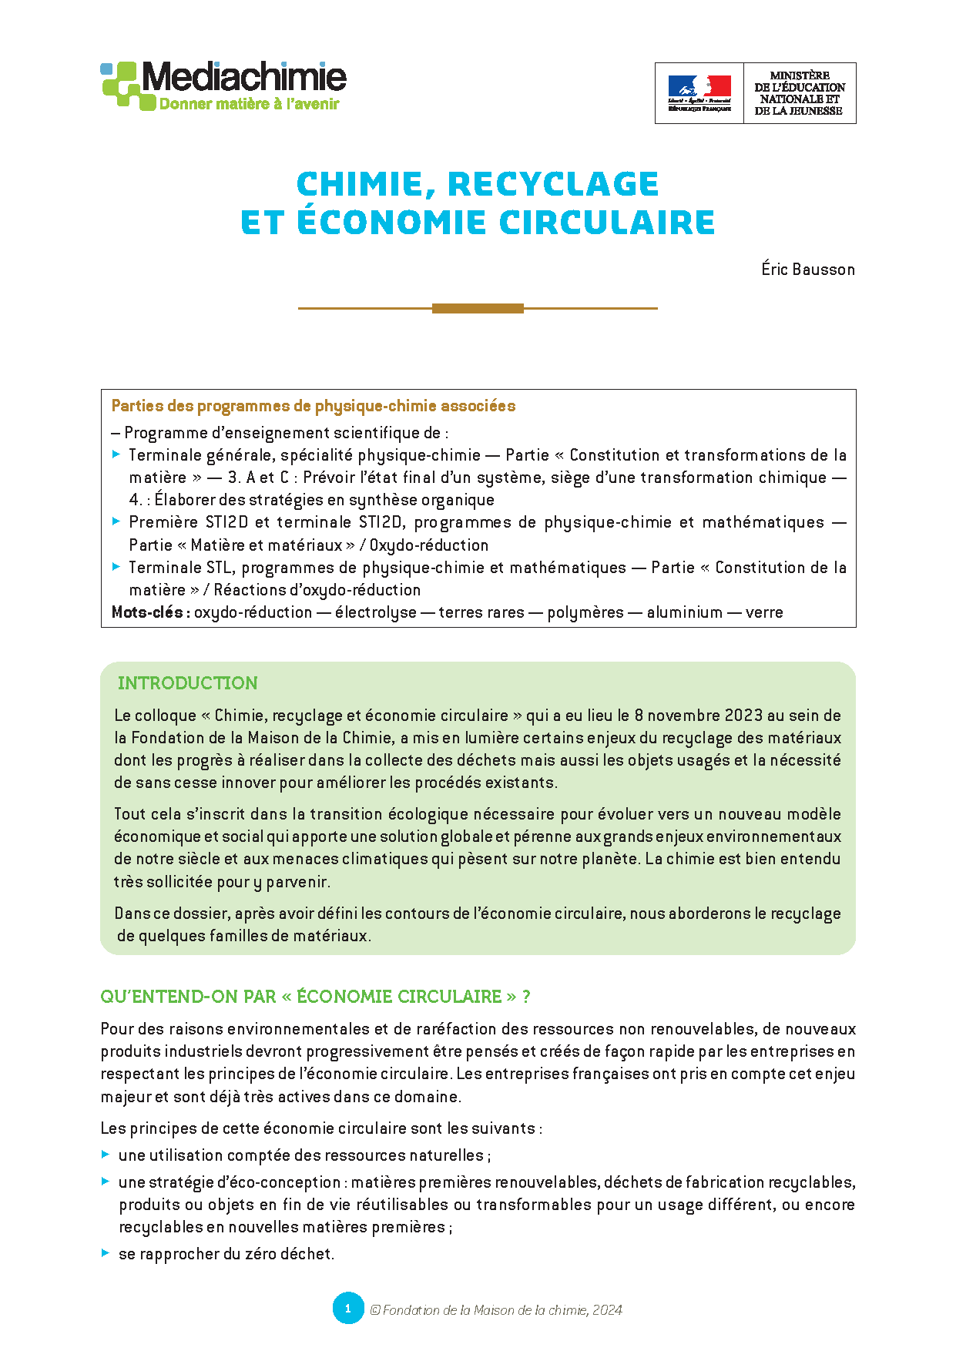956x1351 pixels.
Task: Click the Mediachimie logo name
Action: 244,78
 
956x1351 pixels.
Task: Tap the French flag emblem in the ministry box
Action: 699,88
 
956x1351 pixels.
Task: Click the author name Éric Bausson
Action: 808,270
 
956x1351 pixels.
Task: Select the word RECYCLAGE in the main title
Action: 553,184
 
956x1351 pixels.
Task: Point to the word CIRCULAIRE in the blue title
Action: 607,223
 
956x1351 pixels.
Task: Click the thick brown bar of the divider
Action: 478,308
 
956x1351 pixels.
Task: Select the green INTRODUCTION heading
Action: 187,683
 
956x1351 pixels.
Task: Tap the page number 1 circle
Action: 347,1309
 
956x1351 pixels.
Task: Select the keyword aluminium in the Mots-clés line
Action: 684,612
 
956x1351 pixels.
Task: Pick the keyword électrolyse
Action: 375,612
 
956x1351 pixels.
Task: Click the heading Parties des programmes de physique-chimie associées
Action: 314,406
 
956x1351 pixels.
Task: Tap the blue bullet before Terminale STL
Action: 116,567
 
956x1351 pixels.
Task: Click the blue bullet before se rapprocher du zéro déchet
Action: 106,1253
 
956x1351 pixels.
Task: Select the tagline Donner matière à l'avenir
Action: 249,104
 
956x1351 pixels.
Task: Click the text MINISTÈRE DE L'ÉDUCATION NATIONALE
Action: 799,93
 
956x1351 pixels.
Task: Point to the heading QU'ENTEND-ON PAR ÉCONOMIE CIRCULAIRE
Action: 315,997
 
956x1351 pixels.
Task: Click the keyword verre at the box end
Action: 764,612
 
